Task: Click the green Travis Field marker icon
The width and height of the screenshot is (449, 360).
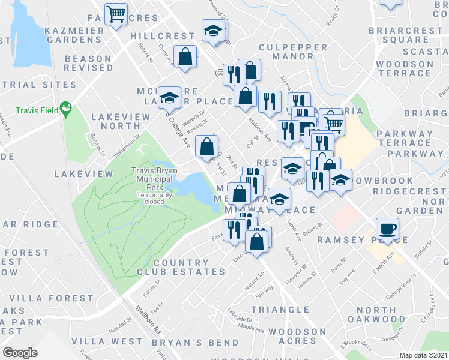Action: click(67, 110)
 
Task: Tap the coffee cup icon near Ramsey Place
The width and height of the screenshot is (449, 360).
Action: click(387, 229)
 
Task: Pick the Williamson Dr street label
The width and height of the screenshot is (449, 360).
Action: click(127, 147)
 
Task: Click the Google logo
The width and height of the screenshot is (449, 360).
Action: click(20, 353)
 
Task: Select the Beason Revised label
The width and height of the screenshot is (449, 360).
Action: click(88, 63)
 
